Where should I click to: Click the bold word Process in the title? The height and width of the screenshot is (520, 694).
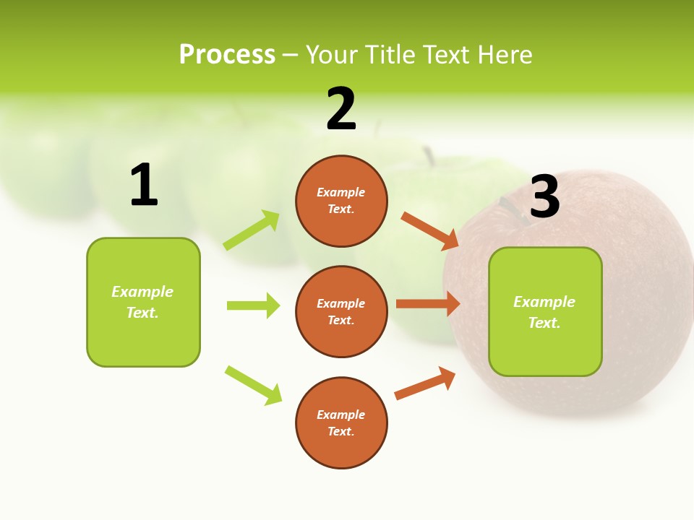click(x=227, y=55)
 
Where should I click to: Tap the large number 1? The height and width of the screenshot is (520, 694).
click(x=144, y=185)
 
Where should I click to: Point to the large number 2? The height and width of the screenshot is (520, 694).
click(x=341, y=109)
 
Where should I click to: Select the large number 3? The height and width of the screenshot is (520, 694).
click(x=545, y=196)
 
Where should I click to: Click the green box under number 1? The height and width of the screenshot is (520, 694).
click(x=143, y=302)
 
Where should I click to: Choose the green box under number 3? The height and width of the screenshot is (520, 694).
click(x=545, y=312)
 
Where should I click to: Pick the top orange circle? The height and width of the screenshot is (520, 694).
click(x=341, y=201)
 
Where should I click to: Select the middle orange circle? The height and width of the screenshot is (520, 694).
click(x=341, y=312)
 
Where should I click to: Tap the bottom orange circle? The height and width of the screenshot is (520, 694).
click(x=341, y=423)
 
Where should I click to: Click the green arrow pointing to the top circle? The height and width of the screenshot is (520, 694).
click(x=252, y=230)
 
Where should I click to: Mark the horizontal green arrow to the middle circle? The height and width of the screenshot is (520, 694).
click(x=253, y=305)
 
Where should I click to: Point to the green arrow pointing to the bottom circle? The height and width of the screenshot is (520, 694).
click(x=253, y=385)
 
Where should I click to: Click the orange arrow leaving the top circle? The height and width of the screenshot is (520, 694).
click(x=429, y=230)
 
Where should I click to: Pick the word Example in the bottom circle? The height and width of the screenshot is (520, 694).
click(x=341, y=415)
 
